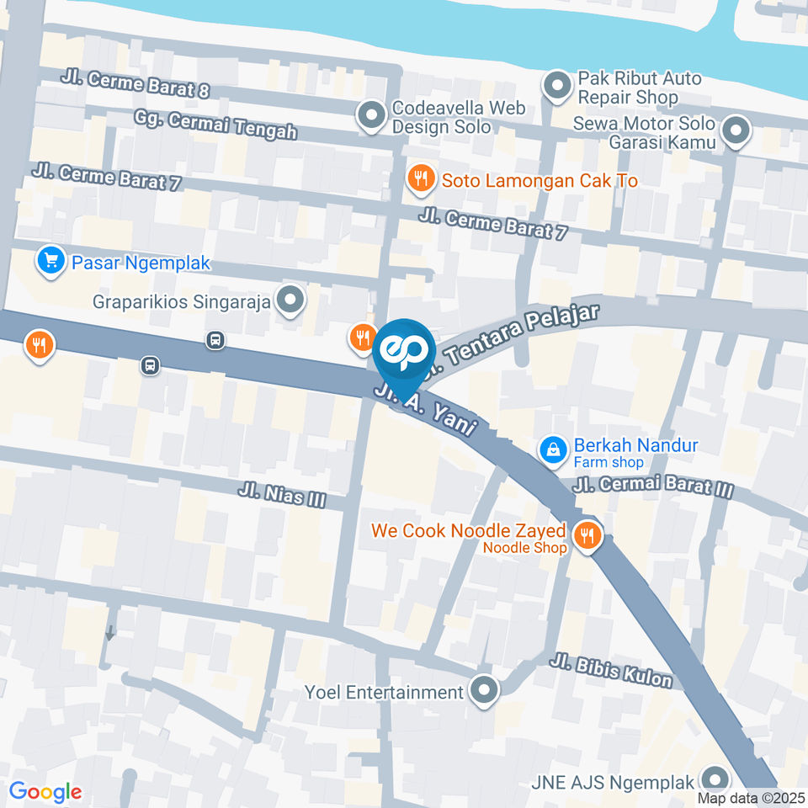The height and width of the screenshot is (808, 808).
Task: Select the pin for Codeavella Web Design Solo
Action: coord(369,116)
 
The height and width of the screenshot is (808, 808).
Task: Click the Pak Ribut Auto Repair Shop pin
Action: coord(556,87)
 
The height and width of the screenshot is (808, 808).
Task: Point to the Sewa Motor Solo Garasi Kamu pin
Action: coord(736,131)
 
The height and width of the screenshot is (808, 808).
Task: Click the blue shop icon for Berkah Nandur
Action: coord(553,450)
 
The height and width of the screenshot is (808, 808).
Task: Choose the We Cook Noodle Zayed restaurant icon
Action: coord(587,535)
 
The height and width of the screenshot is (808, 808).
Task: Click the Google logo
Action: coord(45,791)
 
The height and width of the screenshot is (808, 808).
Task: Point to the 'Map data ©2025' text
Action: coord(750,797)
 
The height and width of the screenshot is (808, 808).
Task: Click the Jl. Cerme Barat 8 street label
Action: coord(134,82)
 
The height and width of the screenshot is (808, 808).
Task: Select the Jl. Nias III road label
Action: coord(282,495)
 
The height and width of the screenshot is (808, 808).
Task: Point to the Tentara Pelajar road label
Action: coord(522,335)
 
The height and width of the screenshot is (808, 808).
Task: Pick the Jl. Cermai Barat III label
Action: coord(653,486)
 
